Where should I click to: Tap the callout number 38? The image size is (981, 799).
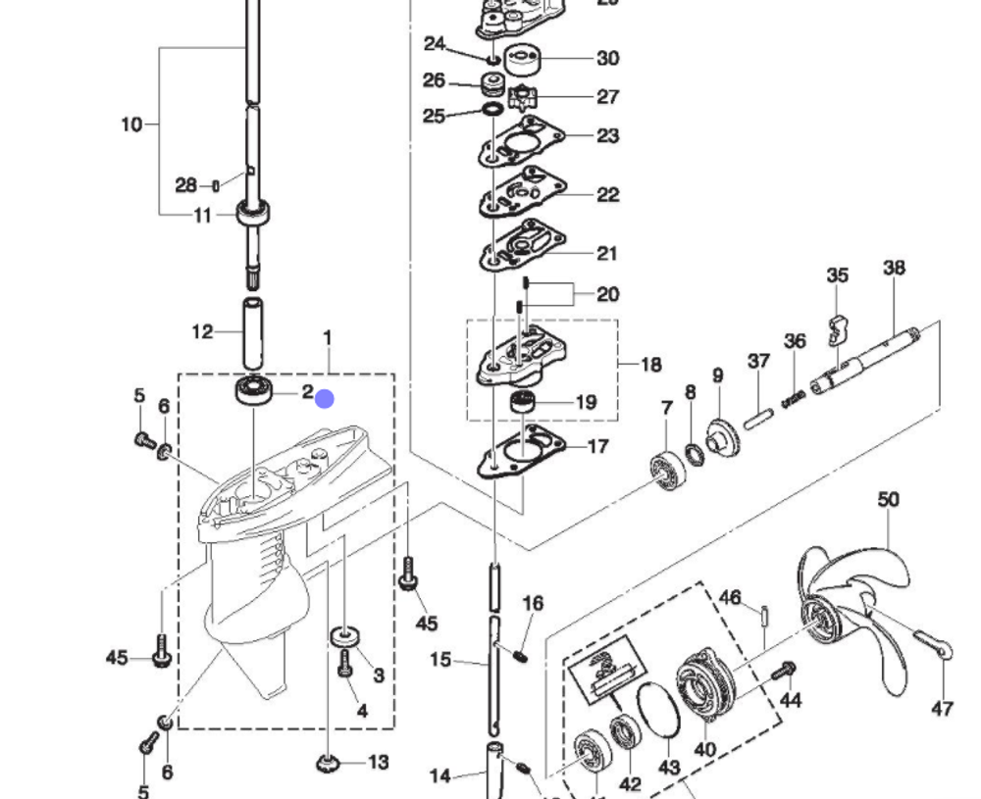[894, 267]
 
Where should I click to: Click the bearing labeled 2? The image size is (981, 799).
[254, 390]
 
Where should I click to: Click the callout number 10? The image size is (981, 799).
[131, 125]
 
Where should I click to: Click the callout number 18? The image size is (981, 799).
[650, 365]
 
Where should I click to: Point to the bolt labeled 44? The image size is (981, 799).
[783, 672]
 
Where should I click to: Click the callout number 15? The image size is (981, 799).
[440, 660]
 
